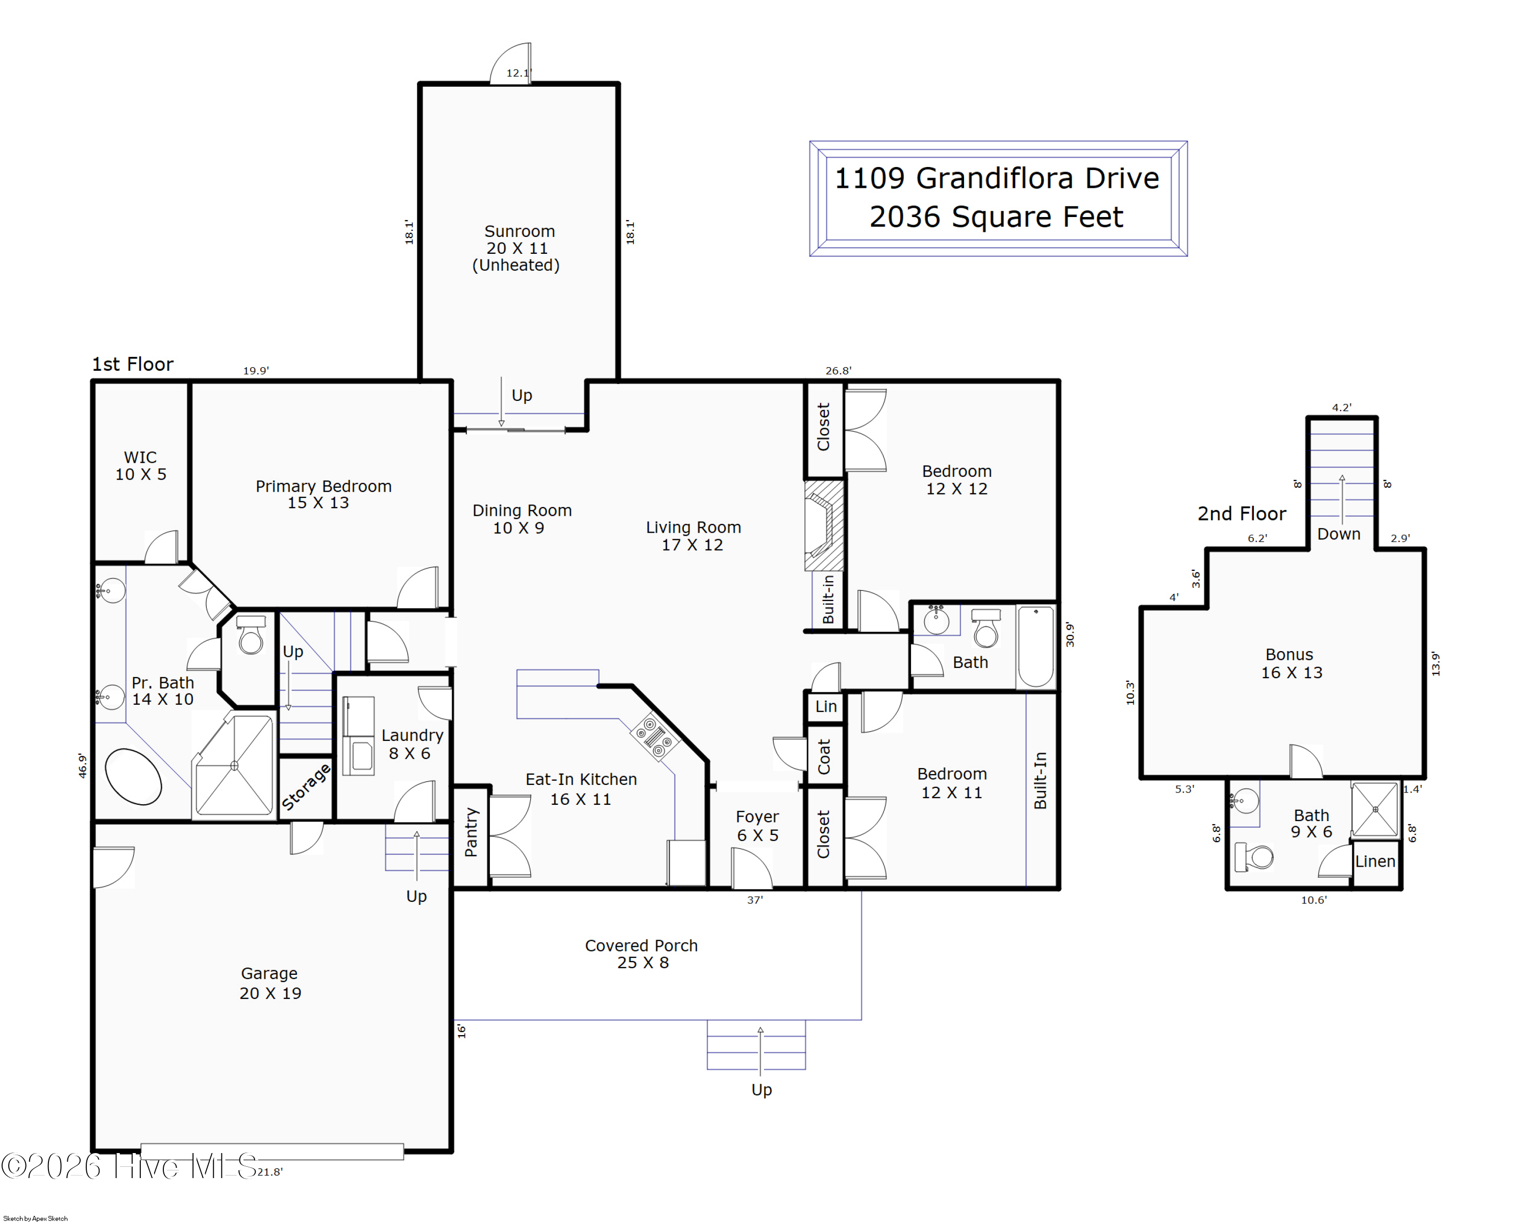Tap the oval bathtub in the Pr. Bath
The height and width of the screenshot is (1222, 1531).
134,777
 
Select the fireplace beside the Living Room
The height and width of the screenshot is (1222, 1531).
824,526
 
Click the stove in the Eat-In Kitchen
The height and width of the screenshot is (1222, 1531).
654,736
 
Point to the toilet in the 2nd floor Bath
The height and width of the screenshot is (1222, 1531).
1254,857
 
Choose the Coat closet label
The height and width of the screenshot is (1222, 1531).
824,756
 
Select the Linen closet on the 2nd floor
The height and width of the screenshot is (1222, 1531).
1375,862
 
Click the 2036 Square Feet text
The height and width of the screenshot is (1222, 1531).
996,217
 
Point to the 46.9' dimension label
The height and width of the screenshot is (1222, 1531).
82,766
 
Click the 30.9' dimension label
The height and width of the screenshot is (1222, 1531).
1070,634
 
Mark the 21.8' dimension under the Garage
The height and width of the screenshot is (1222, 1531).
270,1171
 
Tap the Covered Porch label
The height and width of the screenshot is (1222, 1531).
641,953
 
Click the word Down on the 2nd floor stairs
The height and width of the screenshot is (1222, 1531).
1339,534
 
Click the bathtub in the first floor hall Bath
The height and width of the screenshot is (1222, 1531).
1036,646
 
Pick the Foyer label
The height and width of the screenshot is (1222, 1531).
757,826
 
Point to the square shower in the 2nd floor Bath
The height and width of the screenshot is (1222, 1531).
1375,809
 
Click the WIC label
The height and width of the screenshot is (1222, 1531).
141,465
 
